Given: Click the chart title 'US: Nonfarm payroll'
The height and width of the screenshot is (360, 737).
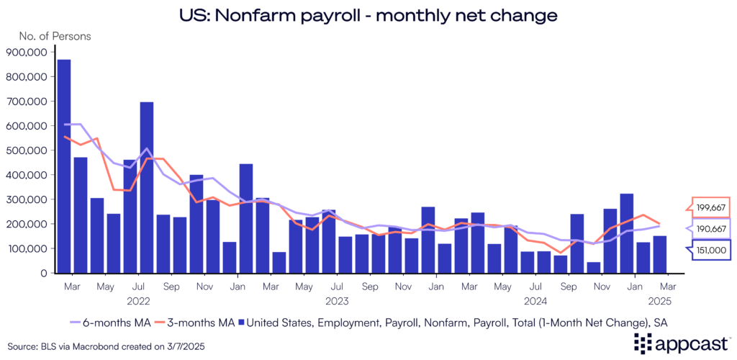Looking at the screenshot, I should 368,14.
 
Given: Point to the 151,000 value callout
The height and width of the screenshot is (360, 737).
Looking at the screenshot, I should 711,251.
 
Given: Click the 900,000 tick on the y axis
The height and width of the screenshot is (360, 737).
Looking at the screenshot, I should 27,52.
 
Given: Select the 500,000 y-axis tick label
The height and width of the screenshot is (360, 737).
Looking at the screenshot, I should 27,150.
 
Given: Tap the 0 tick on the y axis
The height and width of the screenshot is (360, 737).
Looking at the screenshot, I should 44,274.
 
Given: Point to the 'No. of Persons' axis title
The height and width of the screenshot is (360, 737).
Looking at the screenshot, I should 45,35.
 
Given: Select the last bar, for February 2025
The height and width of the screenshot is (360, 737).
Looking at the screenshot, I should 659,254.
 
